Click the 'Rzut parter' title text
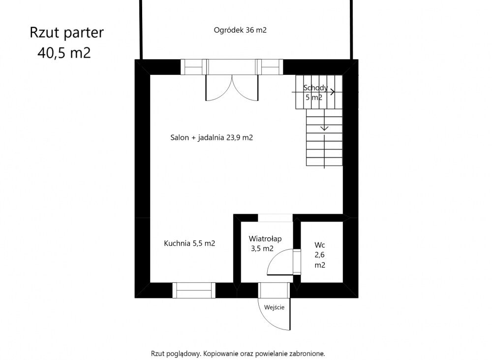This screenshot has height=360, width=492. click(66, 33)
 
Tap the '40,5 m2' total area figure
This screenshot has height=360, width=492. click(64, 53)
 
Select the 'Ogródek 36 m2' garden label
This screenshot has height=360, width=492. click(240, 30)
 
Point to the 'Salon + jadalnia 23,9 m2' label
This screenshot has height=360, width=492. click(212, 137)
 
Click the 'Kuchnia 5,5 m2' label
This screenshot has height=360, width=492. click(189, 243)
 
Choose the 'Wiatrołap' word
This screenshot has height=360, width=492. click(265, 239)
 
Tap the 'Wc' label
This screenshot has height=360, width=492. click(320, 245)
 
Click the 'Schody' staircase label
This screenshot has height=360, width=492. click(315, 88)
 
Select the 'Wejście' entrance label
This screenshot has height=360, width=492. click(274, 307)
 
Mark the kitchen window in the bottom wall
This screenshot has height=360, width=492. click(194, 290)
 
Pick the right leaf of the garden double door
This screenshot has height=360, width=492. click(245, 88)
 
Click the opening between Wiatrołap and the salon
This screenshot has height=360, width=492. click(275, 218)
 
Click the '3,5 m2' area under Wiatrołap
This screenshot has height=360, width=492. click(262, 249)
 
